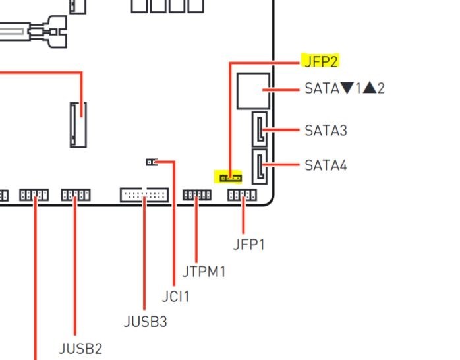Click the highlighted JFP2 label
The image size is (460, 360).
click(320, 61)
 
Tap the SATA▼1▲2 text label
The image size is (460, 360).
click(344, 88)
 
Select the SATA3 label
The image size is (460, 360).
click(326, 130)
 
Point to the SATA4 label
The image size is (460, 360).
click(326, 165)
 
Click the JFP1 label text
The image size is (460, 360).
click(248, 244)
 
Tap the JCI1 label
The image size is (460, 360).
click(175, 297)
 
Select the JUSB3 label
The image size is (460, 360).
click(145, 322)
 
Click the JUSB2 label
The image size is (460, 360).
click(80, 347)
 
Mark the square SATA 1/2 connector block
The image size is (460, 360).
click(254, 90)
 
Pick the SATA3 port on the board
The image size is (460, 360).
click(260, 129)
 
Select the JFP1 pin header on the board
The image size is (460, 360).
click(242, 195)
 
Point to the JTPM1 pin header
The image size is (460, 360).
click(196, 195)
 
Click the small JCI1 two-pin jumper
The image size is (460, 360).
click(151, 162)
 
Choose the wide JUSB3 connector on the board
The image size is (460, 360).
click(144, 195)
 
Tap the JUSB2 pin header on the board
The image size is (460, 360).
click(76, 195)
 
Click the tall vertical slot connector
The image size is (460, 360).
click(78, 123)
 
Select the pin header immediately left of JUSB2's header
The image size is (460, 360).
click(34, 195)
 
